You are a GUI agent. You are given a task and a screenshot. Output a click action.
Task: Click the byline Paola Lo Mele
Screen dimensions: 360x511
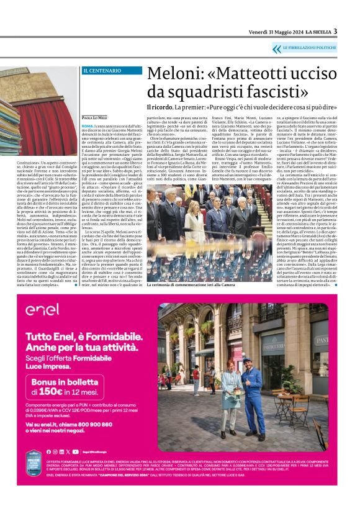pos(94,116)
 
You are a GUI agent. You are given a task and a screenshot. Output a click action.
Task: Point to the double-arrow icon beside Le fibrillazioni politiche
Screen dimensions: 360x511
pos(277,47)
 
